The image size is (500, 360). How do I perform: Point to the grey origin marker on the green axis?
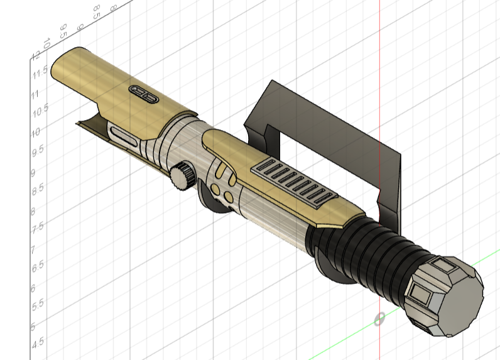coord(379,320)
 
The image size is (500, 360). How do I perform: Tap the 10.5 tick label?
coord(40,111)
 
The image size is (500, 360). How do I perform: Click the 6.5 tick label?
coord(37,266)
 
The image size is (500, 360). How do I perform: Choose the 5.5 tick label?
coord(37,303)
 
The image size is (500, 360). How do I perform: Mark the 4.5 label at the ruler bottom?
coord(37,342)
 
